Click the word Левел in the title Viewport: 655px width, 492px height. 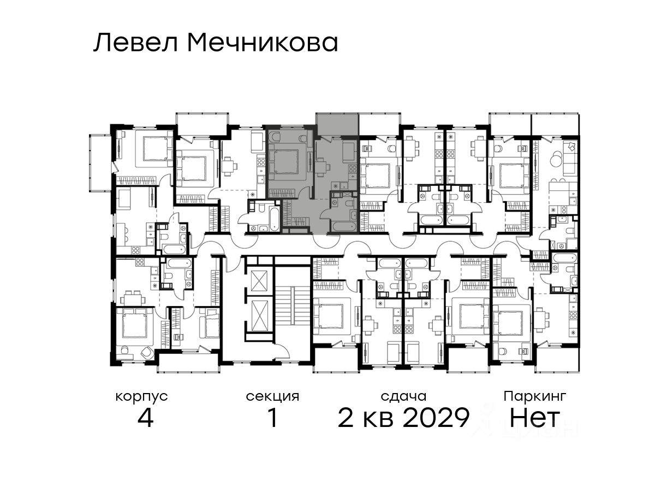(136, 43)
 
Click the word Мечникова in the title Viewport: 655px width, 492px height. (263, 43)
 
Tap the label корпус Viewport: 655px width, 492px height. (142, 397)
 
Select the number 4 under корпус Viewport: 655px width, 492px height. (145, 418)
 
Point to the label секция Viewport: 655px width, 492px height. (272, 396)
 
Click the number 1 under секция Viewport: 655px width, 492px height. (273, 418)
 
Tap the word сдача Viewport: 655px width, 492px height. (403, 396)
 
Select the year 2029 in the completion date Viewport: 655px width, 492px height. (436, 418)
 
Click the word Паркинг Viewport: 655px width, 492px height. (535, 397)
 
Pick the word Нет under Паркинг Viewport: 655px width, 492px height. (534, 418)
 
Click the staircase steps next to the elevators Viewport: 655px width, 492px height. (291, 305)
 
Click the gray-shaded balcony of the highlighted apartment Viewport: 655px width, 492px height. (337, 124)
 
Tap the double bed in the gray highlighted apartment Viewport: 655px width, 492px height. (285, 162)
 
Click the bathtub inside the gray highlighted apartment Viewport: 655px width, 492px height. (344, 226)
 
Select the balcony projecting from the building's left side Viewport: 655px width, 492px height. (100, 163)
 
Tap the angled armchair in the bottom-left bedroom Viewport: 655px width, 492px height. (147, 352)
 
